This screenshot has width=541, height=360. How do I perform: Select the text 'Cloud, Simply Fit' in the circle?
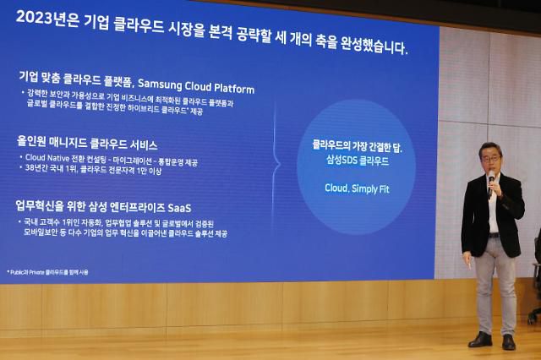pos(356,188)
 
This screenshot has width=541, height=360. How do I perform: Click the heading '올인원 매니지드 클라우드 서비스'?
pos(87,145)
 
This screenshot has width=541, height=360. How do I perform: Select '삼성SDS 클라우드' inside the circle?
pos(357,161)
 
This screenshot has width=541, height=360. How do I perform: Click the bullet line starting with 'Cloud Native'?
pos(109,158)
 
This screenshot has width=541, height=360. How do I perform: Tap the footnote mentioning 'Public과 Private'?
pos(48,272)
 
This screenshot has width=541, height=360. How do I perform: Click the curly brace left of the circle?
pos(276,155)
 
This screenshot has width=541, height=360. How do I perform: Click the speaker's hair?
pos(489,148)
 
